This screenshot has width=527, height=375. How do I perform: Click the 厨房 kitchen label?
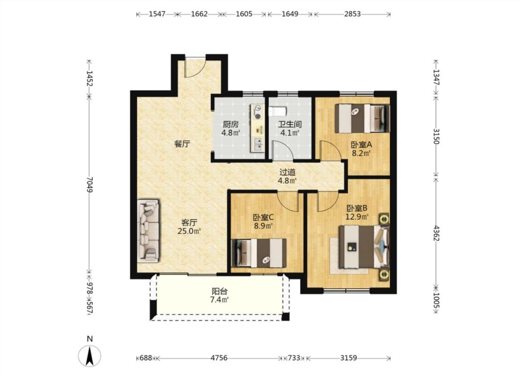[230, 124]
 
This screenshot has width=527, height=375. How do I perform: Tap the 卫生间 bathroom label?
[289, 124]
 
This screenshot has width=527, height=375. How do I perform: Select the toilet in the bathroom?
[278, 111]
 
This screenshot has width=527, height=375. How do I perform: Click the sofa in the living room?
[148, 231]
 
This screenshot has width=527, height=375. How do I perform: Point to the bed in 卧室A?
[362, 118]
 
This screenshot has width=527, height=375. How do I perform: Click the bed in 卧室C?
[259, 253]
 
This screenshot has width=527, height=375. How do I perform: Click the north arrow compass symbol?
[89, 356]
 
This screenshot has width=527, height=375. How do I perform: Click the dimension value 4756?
[219, 358]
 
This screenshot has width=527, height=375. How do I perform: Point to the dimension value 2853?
[352, 14]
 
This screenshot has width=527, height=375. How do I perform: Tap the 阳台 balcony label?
[219, 291]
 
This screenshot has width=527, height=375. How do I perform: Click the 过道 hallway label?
[287, 172]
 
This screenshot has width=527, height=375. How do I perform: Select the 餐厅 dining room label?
[182, 144]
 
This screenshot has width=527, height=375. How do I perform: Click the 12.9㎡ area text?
[357, 217]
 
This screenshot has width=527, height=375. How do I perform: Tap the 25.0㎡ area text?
[189, 231]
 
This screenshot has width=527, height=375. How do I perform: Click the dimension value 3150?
[436, 136]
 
